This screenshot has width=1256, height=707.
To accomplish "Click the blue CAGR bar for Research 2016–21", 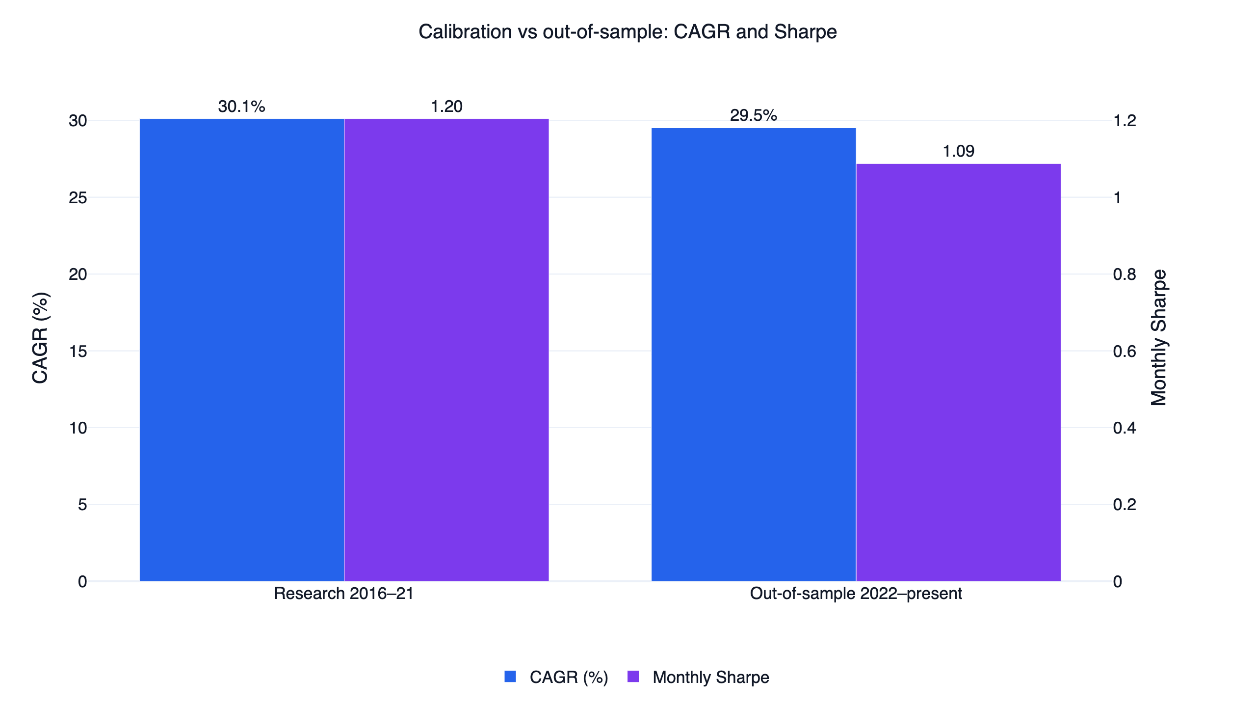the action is click(242, 350).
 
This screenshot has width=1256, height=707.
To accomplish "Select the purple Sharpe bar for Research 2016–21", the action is click(446, 350).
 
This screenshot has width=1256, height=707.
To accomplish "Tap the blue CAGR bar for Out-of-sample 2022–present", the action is click(754, 354).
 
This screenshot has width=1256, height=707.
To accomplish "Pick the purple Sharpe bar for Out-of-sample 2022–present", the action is click(958, 373).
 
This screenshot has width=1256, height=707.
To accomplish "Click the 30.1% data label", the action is click(242, 107).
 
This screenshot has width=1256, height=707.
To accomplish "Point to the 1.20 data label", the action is click(446, 107).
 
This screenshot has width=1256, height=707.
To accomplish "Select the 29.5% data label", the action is click(754, 115).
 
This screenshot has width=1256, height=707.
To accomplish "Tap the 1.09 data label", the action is click(959, 151).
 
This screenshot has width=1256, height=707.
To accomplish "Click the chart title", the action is click(628, 32).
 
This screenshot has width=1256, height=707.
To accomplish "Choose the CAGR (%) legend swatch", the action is click(510, 677).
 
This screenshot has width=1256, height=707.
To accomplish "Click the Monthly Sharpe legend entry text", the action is click(711, 678).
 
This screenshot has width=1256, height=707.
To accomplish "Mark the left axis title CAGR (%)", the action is click(40, 338).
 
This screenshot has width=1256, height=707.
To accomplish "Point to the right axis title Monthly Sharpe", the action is click(1159, 338).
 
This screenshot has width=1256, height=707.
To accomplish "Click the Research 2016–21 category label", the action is click(344, 594).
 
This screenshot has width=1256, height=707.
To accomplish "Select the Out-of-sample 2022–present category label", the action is click(856, 594).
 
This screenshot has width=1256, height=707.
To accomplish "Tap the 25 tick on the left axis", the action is click(78, 198).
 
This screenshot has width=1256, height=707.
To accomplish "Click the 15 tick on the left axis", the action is click(78, 352).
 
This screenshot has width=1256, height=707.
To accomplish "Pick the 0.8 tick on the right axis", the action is click(1125, 274).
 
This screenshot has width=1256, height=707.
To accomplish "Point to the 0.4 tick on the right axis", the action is click(1125, 428).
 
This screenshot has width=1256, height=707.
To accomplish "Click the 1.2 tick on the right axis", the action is click(1125, 121).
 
